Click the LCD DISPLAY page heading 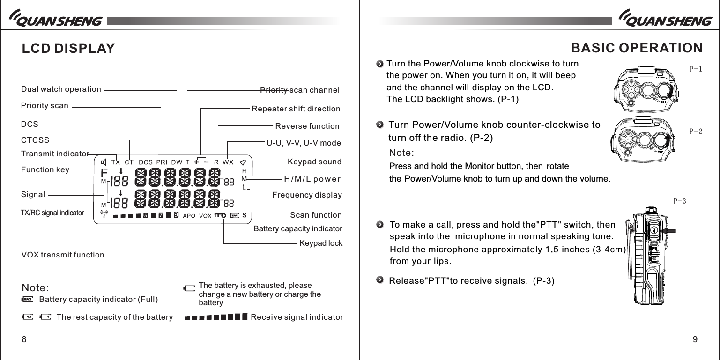(x=68, y=48)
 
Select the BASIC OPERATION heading (x=637, y=48)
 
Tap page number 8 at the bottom (x=24, y=339)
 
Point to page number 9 (x=695, y=339)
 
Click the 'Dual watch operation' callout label (x=61, y=89)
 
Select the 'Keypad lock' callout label (x=321, y=243)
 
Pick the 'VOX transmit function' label (x=63, y=255)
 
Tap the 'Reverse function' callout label (x=307, y=126)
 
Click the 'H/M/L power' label (x=312, y=179)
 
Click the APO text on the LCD (x=189, y=216)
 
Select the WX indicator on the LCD (x=228, y=162)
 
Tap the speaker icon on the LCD (x=104, y=162)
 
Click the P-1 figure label (x=696, y=69)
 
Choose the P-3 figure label (x=680, y=201)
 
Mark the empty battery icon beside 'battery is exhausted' (x=189, y=288)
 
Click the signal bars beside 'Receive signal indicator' (x=216, y=317)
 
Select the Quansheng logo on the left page (x=55, y=20)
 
